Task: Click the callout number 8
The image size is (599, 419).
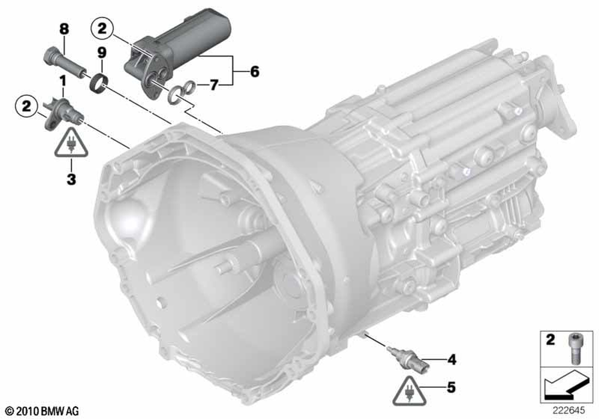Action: pos(64,29)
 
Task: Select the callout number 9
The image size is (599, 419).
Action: pos(102,53)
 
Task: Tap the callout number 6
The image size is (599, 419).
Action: pos(255,71)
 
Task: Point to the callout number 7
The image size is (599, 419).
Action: pos(214,84)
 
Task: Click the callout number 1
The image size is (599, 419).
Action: pos(62,81)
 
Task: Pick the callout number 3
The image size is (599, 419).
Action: pos(71,178)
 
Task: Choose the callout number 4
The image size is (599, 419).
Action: pos(452,359)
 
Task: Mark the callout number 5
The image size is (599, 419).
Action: pos(451,387)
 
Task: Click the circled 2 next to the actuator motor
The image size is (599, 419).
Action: pos(102,29)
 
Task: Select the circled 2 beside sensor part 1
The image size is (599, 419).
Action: pos(26,106)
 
